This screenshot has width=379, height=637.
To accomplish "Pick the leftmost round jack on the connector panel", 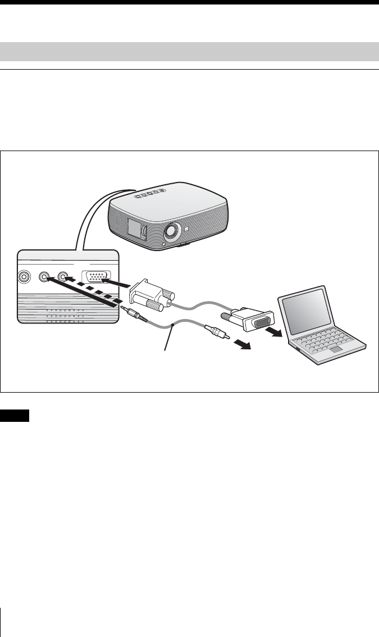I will click(24, 277).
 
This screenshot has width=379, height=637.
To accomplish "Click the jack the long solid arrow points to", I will click(43, 277).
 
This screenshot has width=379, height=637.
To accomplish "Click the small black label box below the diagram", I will click(15, 416).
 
